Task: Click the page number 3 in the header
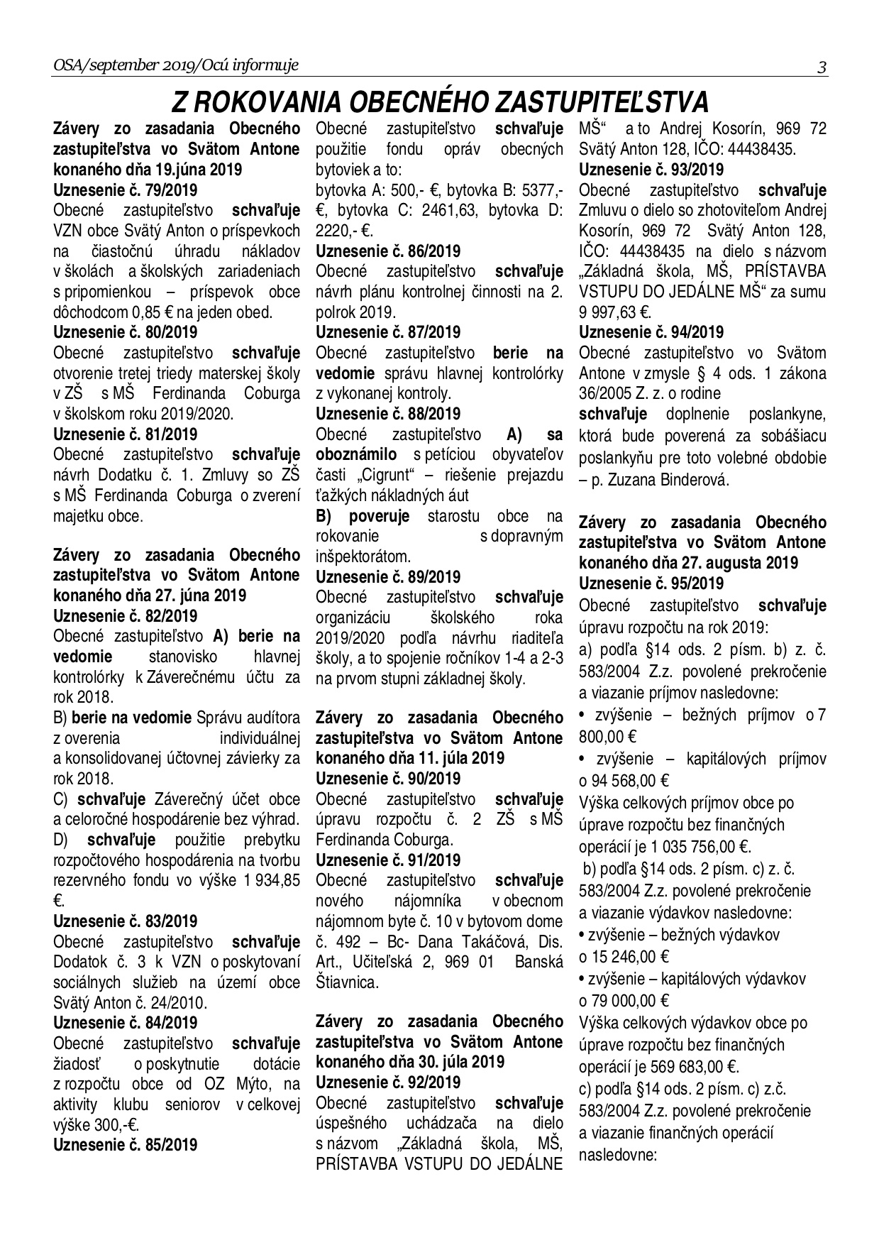[822, 67]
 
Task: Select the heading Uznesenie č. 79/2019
[126, 190]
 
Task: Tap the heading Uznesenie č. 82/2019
[126, 615]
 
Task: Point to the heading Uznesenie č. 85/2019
[126, 1144]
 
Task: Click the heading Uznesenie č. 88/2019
[388, 413]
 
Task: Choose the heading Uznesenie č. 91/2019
[388, 860]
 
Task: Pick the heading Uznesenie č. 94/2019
[651, 331]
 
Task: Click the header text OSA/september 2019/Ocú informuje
[175, 66]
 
